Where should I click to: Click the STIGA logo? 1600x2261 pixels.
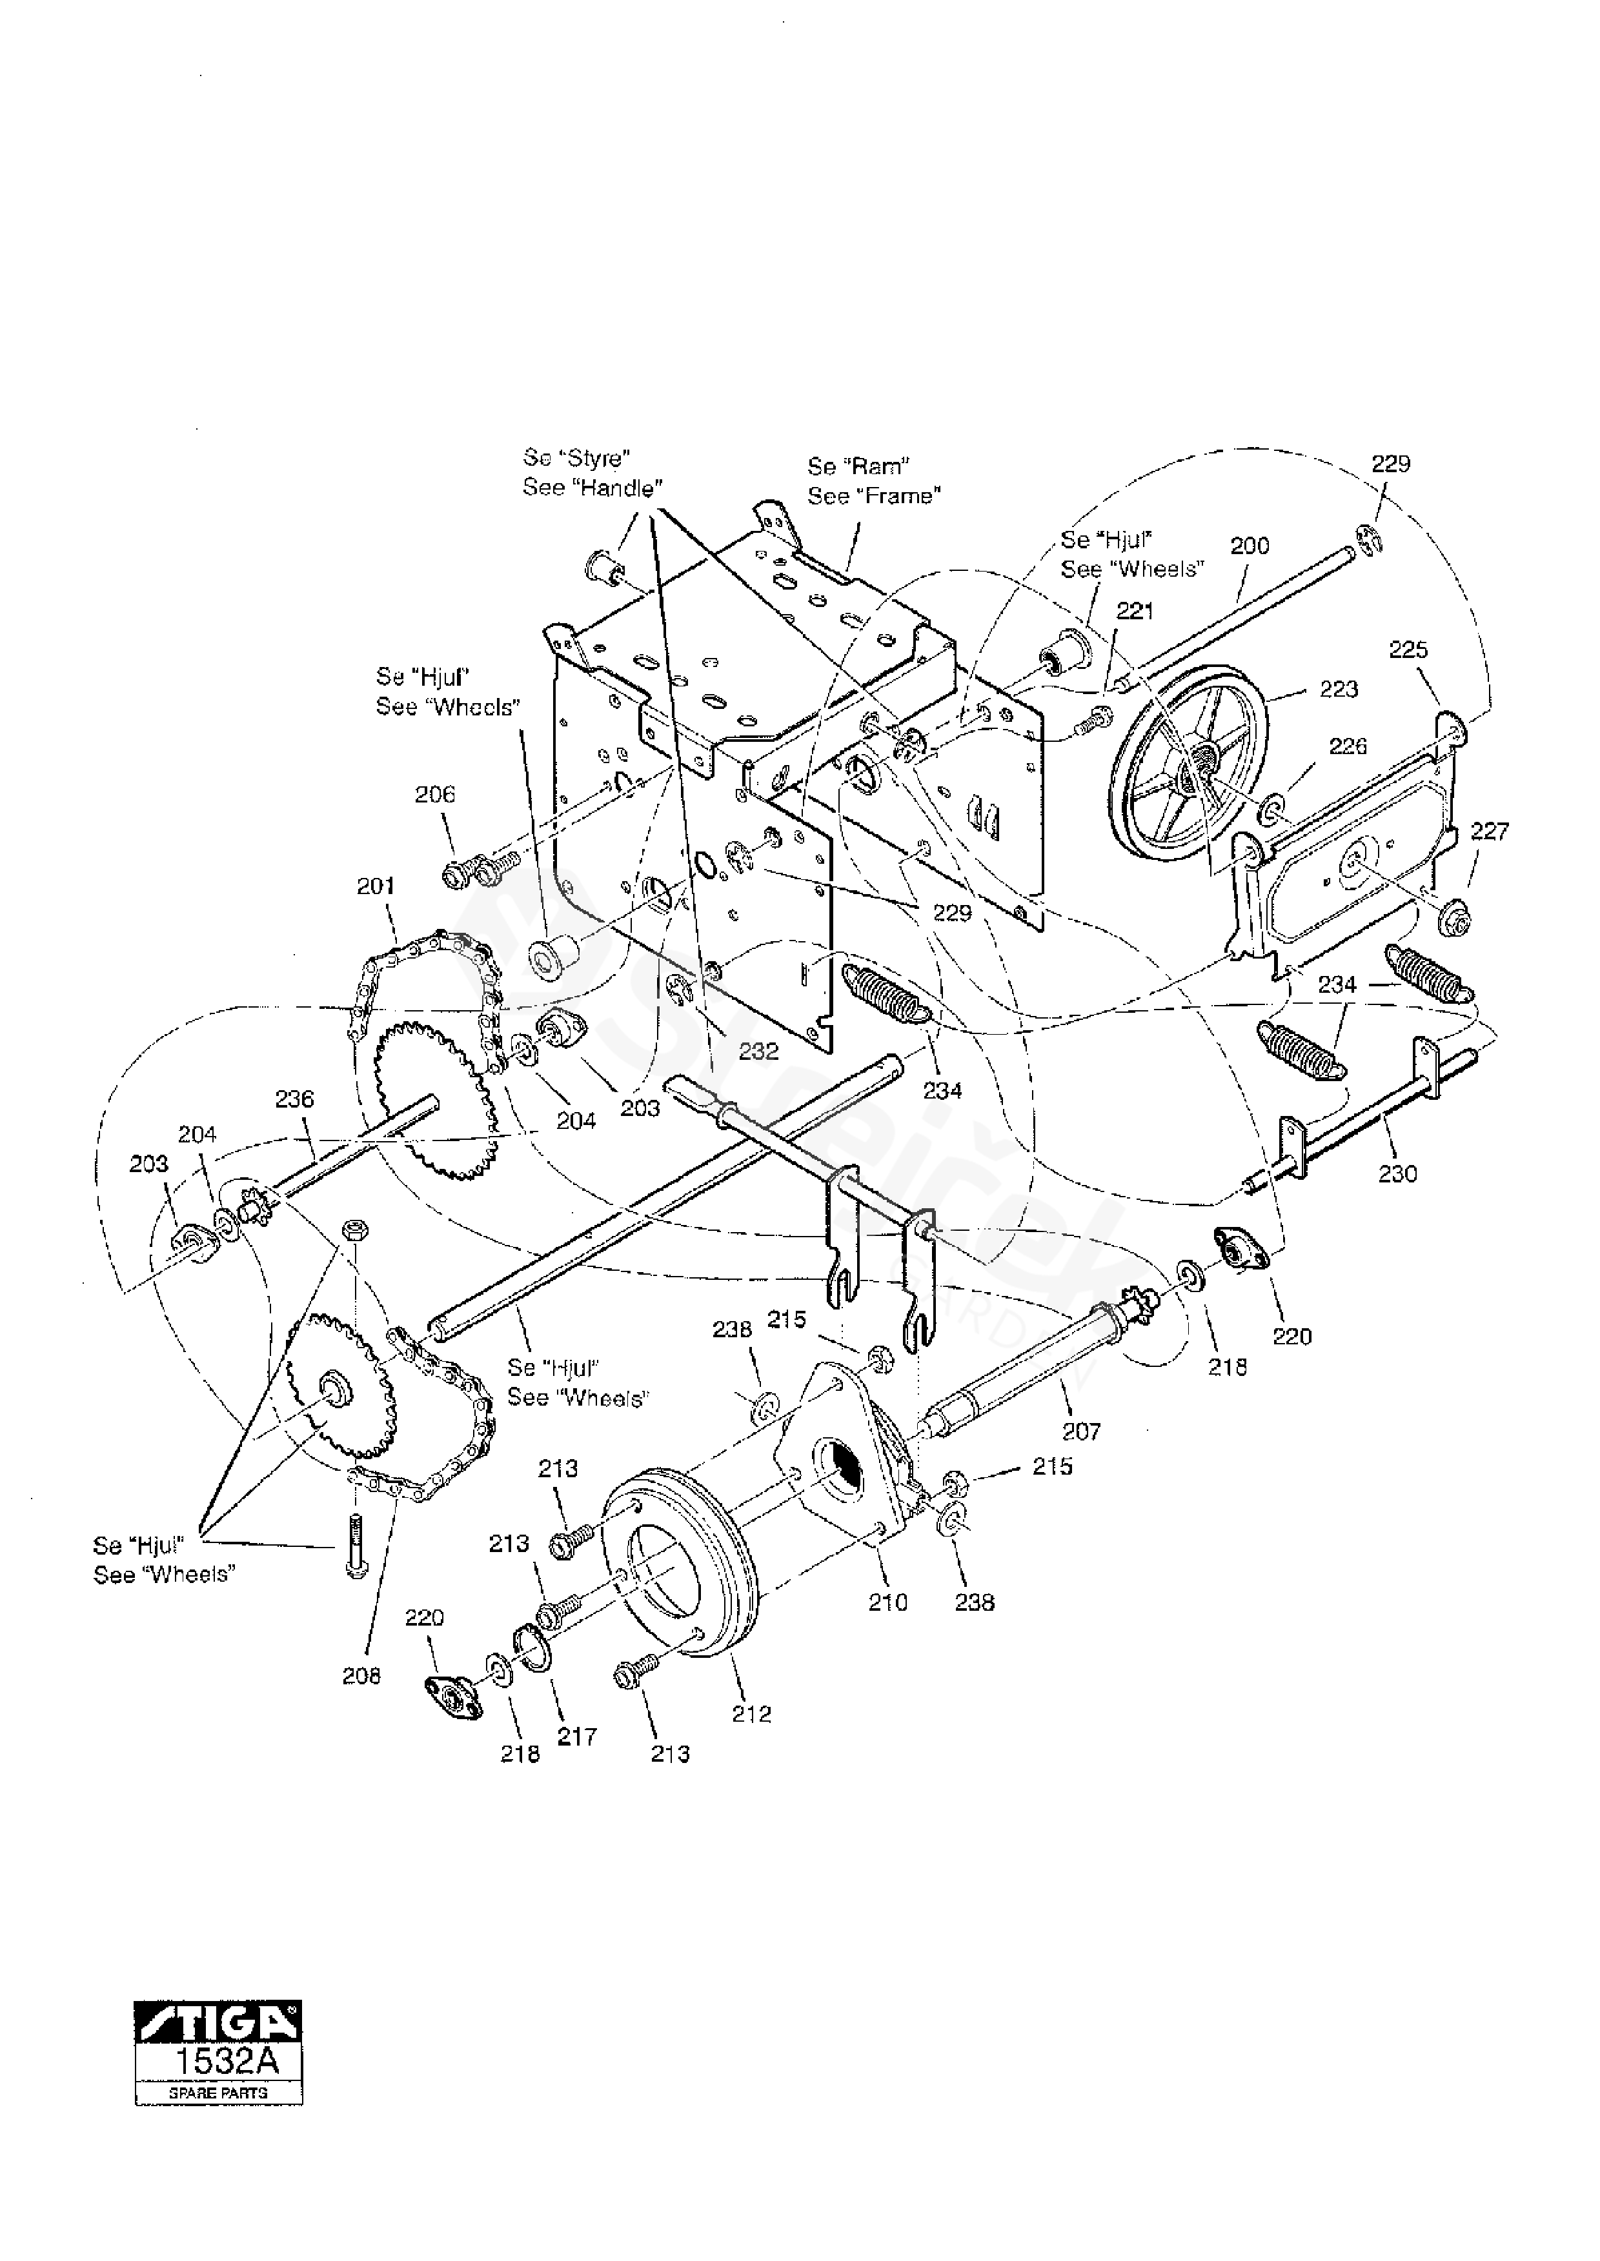(219, 2027)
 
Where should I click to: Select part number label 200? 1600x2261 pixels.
(1250, 546)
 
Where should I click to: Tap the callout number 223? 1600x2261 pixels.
(1338, 690)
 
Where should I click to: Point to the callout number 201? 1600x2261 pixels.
(376, 886)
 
